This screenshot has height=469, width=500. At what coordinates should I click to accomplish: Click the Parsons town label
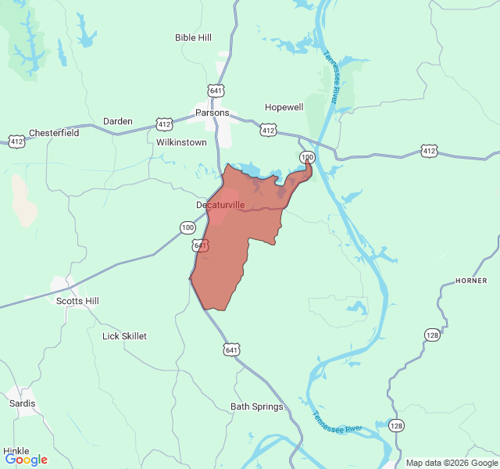212,113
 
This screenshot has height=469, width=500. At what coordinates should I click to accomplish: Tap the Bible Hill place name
193,37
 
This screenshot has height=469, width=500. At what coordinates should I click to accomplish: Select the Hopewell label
284,107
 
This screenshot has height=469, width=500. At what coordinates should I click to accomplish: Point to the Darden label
118,121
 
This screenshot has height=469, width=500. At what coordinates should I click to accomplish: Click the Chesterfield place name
54,133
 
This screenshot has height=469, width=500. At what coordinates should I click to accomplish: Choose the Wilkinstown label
181,143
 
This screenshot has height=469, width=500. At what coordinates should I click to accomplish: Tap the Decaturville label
220,205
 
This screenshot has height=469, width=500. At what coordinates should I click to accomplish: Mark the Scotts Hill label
77,300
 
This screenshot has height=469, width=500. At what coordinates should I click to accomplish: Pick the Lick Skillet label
124,336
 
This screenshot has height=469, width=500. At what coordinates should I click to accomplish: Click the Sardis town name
22,403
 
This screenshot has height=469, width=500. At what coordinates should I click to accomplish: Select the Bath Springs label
257,406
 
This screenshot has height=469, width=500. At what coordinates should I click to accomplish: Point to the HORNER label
471,281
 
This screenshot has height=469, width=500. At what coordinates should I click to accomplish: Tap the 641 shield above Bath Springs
232,349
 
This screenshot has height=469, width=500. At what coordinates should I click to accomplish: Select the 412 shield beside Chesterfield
16,141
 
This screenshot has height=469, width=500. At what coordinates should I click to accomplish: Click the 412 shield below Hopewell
268,131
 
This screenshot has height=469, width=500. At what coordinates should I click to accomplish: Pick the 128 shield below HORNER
432,335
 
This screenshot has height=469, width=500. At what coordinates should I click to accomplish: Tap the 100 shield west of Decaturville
187,227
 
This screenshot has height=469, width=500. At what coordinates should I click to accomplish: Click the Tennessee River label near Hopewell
331,78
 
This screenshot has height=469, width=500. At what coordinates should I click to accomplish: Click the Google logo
27,460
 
